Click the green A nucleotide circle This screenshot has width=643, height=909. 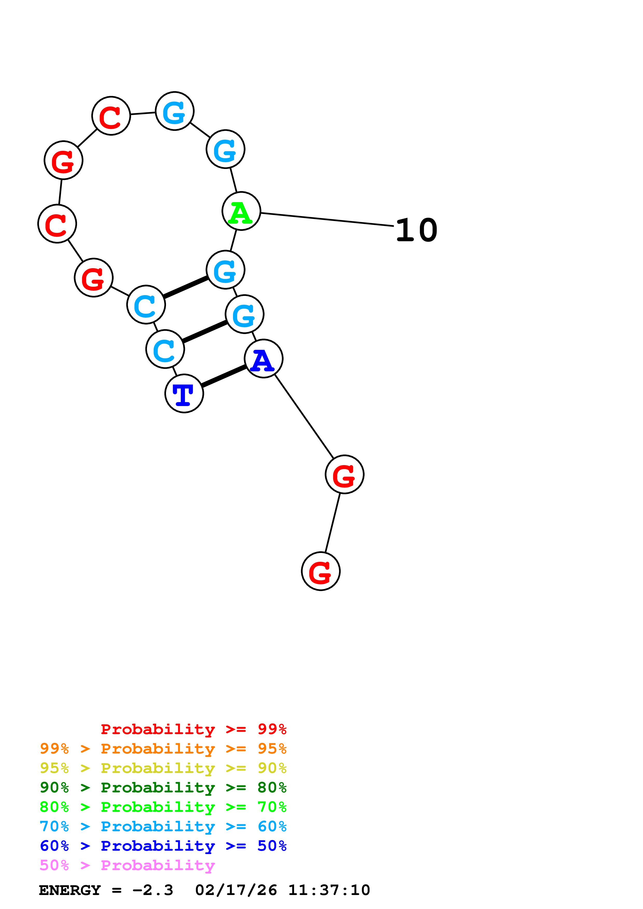coord(241,211)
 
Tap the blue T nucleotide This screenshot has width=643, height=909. coord(184,394)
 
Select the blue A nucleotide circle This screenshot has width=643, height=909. coord(264,359)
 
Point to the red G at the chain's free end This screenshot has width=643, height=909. coord(321,571)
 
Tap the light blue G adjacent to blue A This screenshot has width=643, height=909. coord(244,314)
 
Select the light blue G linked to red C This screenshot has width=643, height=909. coord(175,111)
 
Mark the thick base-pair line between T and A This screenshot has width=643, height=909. coord(224,376)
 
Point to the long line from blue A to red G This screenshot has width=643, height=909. coord(304,416)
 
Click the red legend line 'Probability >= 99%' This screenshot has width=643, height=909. coord(193,729)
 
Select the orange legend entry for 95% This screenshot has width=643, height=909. coord(163,749)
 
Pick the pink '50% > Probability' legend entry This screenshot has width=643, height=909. coord(127,865)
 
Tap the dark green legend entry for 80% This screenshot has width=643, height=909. coord(163,787)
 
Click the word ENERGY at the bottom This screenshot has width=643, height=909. coord(70,890)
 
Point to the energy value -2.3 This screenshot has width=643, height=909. coord(153,890)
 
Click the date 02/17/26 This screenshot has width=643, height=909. coord(236,890)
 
